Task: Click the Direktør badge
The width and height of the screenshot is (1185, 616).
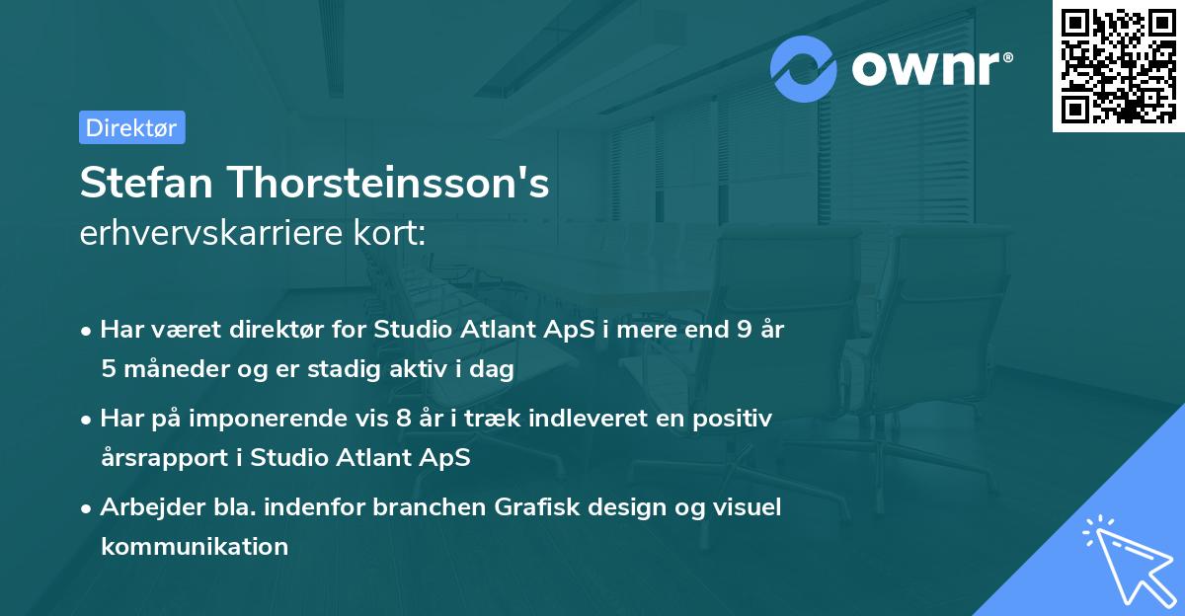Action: [x=131, y=127]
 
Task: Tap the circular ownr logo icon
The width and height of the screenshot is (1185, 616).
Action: [x=804, y=68]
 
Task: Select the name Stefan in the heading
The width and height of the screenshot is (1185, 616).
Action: [x=146, y=183]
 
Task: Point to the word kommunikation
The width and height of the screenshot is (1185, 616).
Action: [x=195, y=546]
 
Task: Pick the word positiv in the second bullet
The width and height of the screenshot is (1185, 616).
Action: [x=735, y=419]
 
